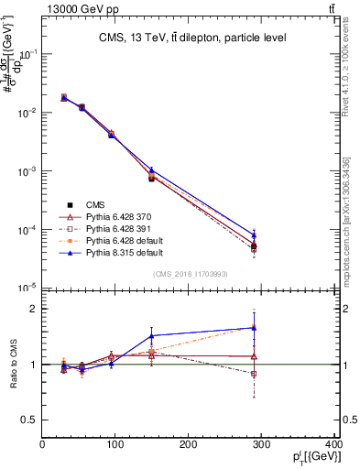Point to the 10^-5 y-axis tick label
tap(27, 288)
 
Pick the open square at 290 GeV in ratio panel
tap(254, 374)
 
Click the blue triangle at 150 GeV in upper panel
tap(151, 169)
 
